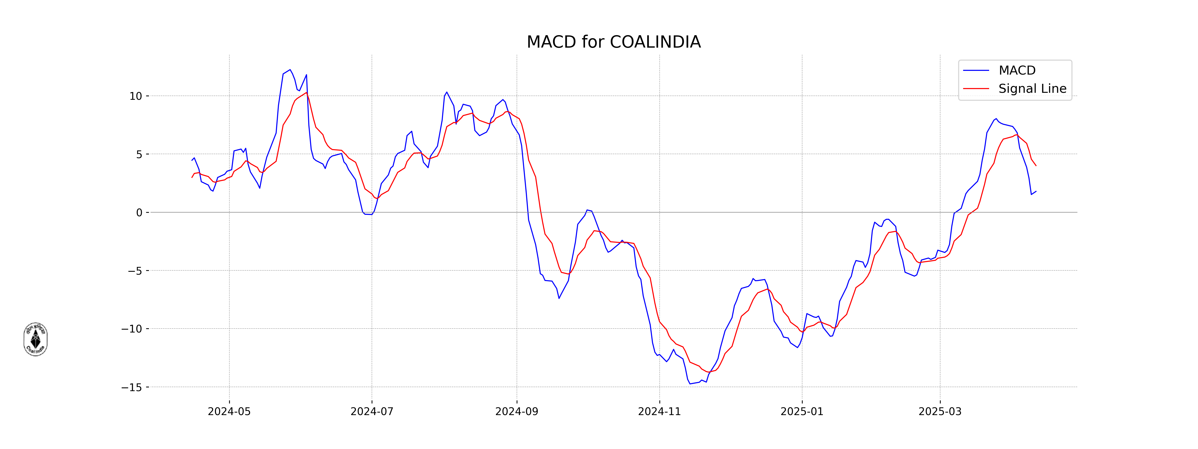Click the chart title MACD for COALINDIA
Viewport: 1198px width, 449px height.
613,42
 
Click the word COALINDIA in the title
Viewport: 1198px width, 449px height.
655,42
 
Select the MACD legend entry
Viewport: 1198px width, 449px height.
1017,71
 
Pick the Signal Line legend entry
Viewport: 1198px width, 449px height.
1032,89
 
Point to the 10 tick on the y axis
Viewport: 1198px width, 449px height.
136,96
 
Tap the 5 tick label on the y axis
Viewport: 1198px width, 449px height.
139,154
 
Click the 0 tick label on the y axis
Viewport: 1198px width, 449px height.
139,213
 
